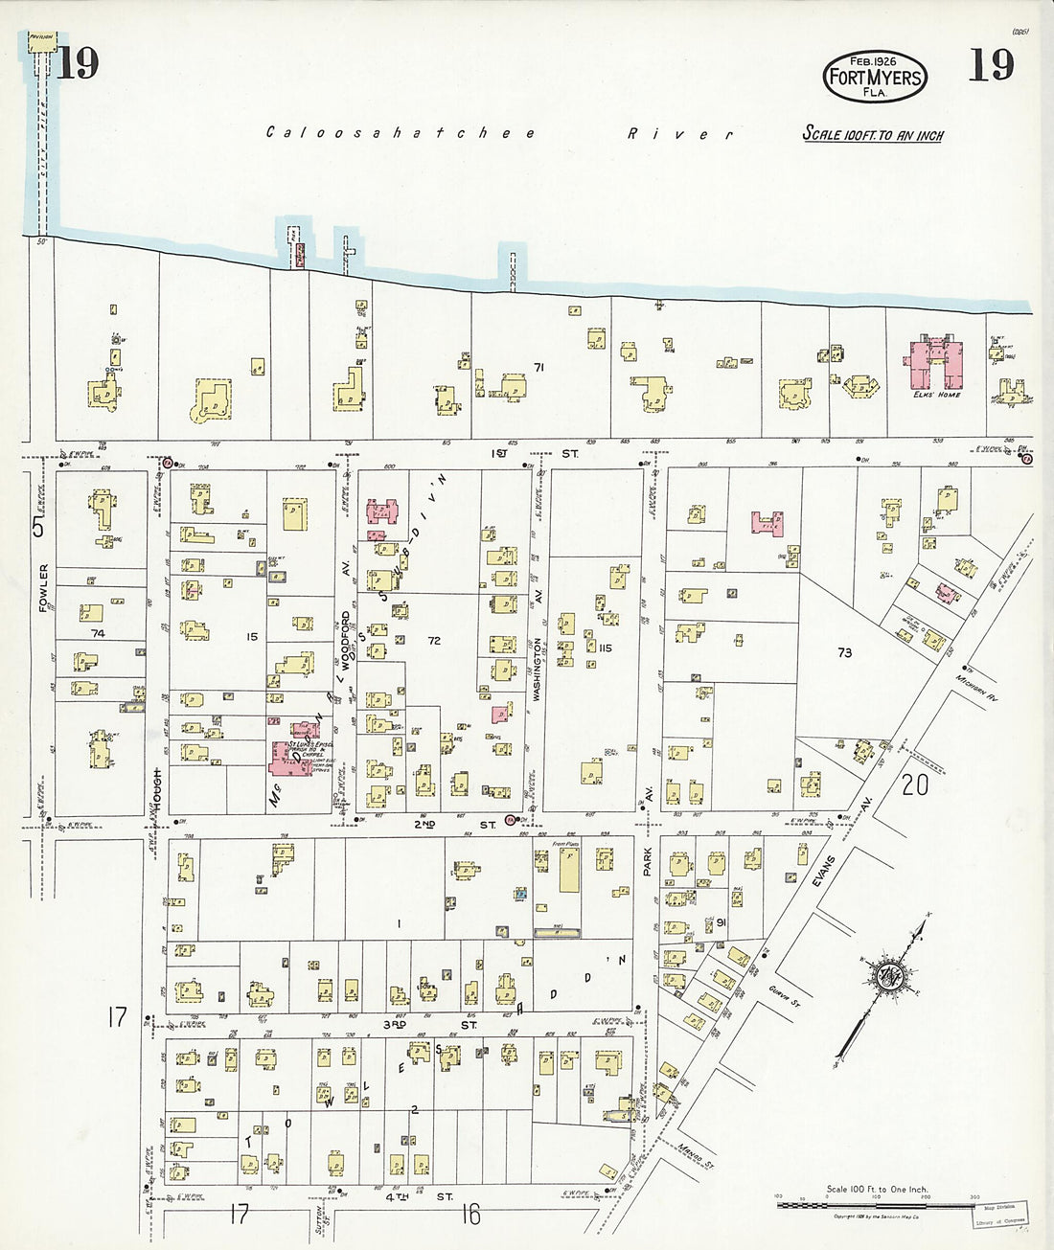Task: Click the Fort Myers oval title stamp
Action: [x=874, y=74]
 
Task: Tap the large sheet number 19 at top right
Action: [x=990, y=65]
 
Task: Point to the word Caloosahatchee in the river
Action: [x=401, y=133]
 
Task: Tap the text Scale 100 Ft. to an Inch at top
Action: [x=872, y=135]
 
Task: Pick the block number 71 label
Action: [x=539, y=367]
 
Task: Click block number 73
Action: [x=844, y=652]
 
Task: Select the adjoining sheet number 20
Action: [x=914, y=784]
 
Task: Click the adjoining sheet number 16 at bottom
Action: [x=470, y=1216]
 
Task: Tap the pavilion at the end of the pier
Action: [x=41, y=40]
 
